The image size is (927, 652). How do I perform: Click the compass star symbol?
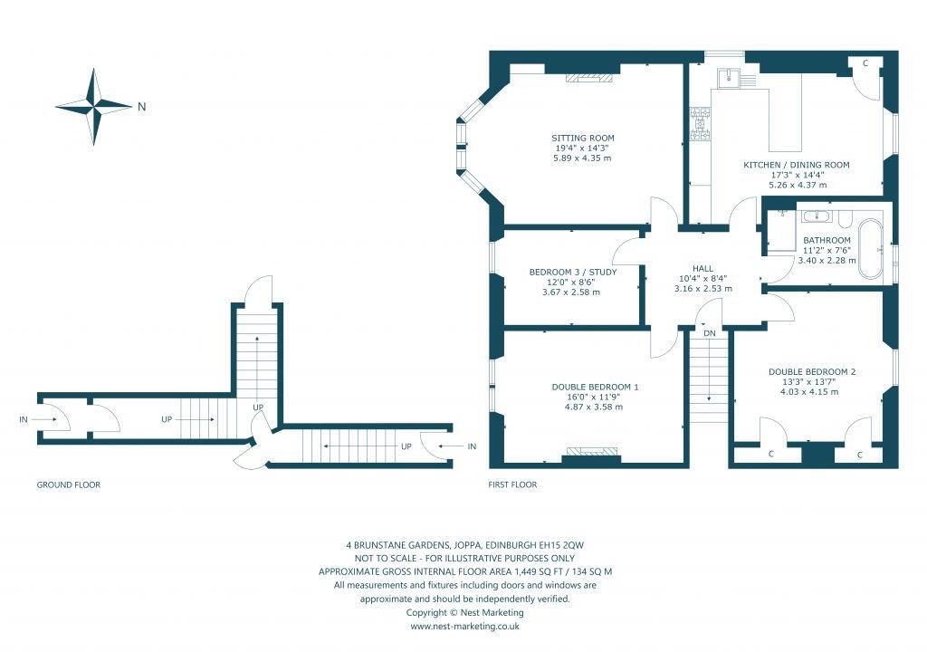tap(93, 107)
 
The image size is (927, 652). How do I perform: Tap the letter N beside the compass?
tap(141, 107)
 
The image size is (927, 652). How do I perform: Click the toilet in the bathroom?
tap(844, 218)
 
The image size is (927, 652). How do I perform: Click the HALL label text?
tap(702, 269)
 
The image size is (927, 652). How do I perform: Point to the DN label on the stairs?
tap(710, 333)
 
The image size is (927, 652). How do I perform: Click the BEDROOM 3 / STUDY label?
tap(573, 272)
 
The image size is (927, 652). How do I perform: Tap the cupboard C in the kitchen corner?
tap(865, 63)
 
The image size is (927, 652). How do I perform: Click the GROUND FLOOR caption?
tap(69, 485)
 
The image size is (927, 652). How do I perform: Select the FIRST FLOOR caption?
tap(512, 485)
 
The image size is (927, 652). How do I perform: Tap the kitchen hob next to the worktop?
tap(699, 126)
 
